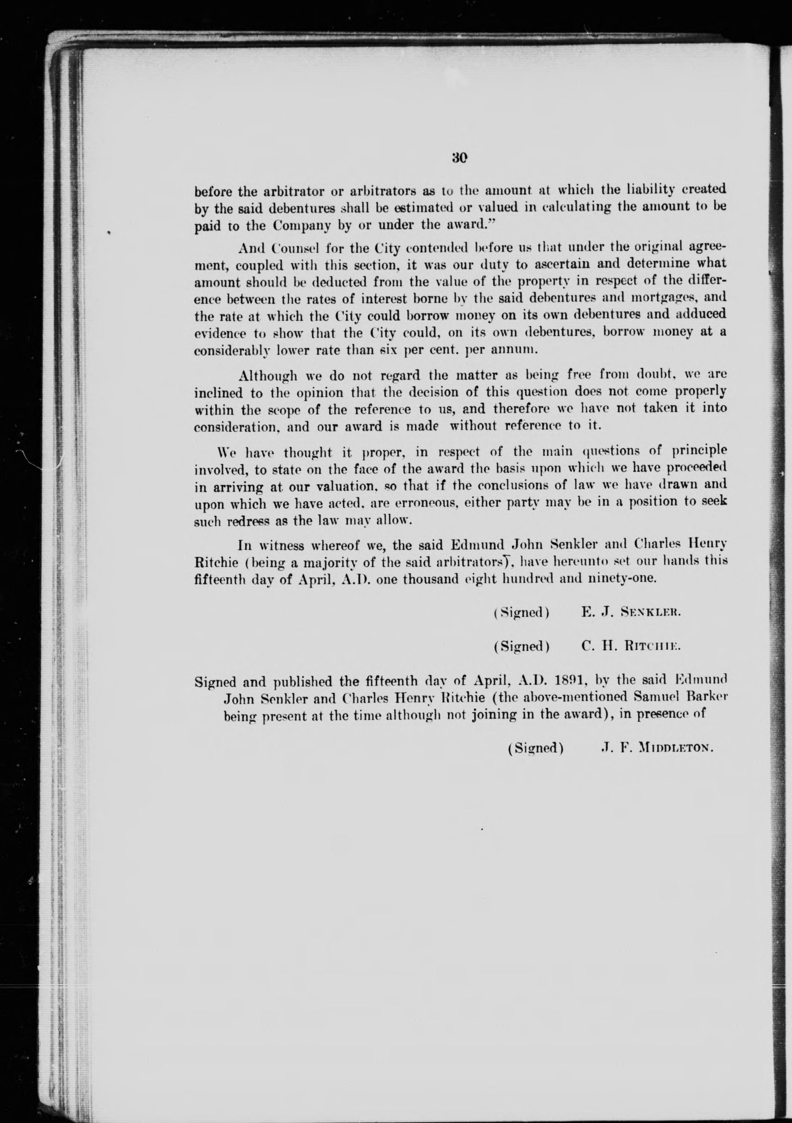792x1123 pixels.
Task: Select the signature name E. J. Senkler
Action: (x=630, y=612)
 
